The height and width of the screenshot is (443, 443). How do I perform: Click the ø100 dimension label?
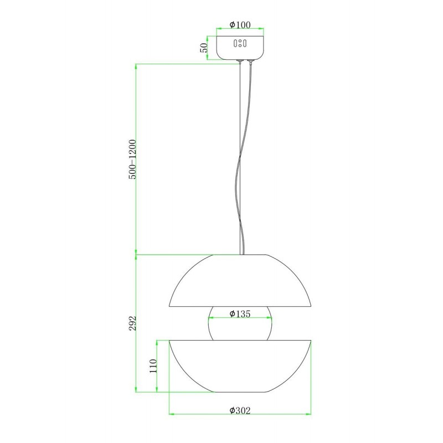(240, 25)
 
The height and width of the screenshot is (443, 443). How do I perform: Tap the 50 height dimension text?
(204, 48)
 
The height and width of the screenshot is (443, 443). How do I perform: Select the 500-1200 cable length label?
(132, 159)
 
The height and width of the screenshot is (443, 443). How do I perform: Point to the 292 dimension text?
(132, 323)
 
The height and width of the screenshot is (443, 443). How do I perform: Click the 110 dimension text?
(153, 366)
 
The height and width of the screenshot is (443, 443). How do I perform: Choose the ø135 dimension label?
(240, 313)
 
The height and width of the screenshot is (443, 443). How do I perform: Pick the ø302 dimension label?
(240, 410)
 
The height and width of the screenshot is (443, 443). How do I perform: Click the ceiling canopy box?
(240, 48)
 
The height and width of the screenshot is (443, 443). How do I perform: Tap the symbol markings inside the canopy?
(240, 44)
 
